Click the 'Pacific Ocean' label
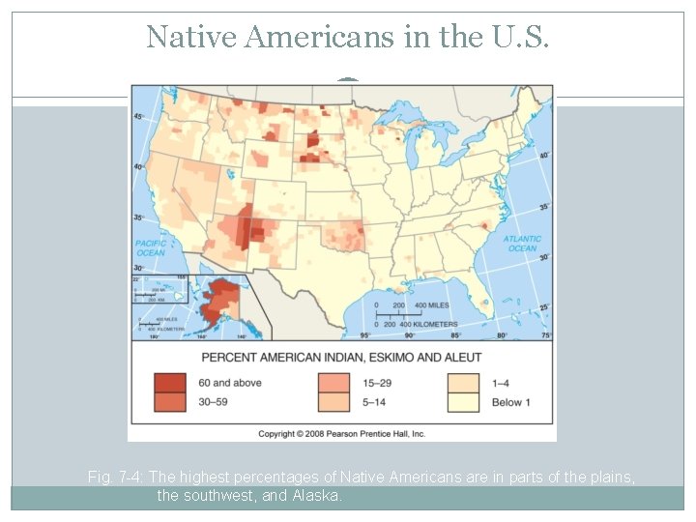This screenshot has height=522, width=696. (151, 247)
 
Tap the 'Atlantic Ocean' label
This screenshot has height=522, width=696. (522, 243)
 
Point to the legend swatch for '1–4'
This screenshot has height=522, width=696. (463, 382)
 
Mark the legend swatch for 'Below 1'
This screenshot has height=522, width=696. (463, 401)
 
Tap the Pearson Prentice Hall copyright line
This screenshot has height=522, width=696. (341, 434)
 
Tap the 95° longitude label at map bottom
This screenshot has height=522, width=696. (364, 335)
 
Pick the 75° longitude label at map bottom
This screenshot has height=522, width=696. (546, 335)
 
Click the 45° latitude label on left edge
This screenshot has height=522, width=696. (138, 117)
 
